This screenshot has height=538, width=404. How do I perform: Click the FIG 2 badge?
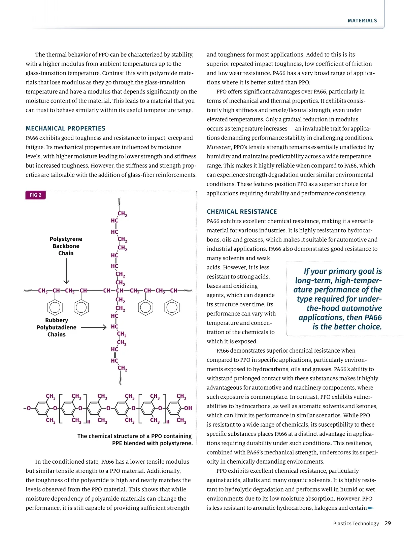pyautogui.click(x=35, y=195)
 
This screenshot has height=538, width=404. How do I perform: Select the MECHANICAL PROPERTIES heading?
pyautogui.click(x=65, y=128)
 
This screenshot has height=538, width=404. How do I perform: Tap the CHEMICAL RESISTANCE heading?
pyautogui.click(x=242, y=212)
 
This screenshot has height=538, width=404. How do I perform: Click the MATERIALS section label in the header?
pyautogui.click(x=362, y=21)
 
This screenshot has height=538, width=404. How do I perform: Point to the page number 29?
pyautogui.click(x=388, y=523)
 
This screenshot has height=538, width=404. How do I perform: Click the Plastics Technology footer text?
pyautogui.click(x=356, y=524)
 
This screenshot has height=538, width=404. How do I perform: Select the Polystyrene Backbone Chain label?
pyautogui.click(x=66, y=246)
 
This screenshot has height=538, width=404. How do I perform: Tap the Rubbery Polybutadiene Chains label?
pyautogui.click(x=57, y=327)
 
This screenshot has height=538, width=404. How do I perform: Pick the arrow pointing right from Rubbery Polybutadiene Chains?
pyautogui.click(x=94, y=327)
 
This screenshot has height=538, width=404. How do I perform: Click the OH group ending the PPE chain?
pyautogui.click(x=188, y=408)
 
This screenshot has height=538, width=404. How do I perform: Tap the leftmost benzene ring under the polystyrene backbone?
pyautogui.click(x=55, y=307)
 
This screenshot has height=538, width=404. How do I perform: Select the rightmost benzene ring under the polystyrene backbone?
pyautogui.click(x=172, y=307)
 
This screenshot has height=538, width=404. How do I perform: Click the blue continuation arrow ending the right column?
pyautogui.click(x=371, y=508)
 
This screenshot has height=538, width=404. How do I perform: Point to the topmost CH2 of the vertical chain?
pyautogui.click(x=122, y=214)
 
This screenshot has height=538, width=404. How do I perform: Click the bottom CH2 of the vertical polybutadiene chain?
pyautogui.click(x=122, y=369)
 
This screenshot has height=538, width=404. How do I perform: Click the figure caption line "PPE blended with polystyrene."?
pyautogui.click(x=152, y=443)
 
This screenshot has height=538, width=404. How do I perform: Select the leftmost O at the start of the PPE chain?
pyautogui.click(x=29, y=408)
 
